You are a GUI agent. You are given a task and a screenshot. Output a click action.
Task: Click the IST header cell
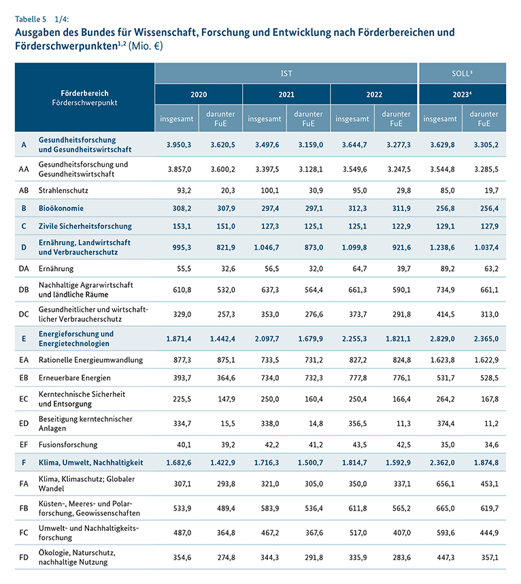[286, 73]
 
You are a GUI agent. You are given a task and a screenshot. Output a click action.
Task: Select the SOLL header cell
[462, 73]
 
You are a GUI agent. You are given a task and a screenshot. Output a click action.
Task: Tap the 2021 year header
[286, 95]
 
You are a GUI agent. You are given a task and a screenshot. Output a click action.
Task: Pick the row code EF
[24, 444]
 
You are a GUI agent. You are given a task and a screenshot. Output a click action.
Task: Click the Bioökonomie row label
[70, 208]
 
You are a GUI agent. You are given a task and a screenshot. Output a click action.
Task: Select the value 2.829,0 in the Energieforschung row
[440, 338]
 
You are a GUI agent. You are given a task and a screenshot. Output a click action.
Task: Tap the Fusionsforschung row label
[68, 444]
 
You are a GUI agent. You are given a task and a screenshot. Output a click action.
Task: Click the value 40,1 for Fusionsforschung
[183, 444]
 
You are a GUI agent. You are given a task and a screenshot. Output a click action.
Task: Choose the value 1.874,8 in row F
[484, 462]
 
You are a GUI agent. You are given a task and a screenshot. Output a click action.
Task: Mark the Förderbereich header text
[84, 93]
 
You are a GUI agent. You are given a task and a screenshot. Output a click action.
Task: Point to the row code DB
[24, 290]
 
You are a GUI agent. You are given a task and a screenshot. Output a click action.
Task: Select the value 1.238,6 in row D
[440, 246]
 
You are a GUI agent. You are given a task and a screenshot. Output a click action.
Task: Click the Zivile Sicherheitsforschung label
[85, 225]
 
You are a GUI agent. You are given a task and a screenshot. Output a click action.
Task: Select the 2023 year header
[462, 95]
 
